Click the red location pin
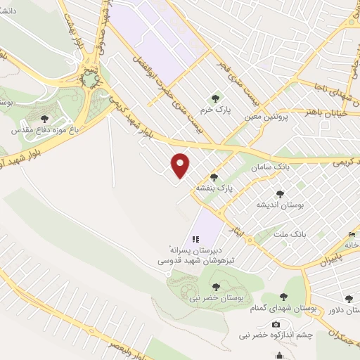pyautogui.click(x=181, y=166)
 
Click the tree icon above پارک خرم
pyautogui.click(x=215, y=98)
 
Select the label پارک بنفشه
pyautogui.click(x=214, y=188)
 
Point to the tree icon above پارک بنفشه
pyautogui.click(x=214, y=178)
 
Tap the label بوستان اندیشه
pyautogui.click(x=280, y=205)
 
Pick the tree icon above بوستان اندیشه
pyautogui.click(x=280, y=194)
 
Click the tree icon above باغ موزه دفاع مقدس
pyautogui.click(x=45, y=119)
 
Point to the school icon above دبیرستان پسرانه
pyautogui.click(x=195, y=240)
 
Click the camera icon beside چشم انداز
pyautogui.click(x=276, y=324)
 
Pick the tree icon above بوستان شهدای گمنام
pyautogui.click(x=283, y=298)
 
